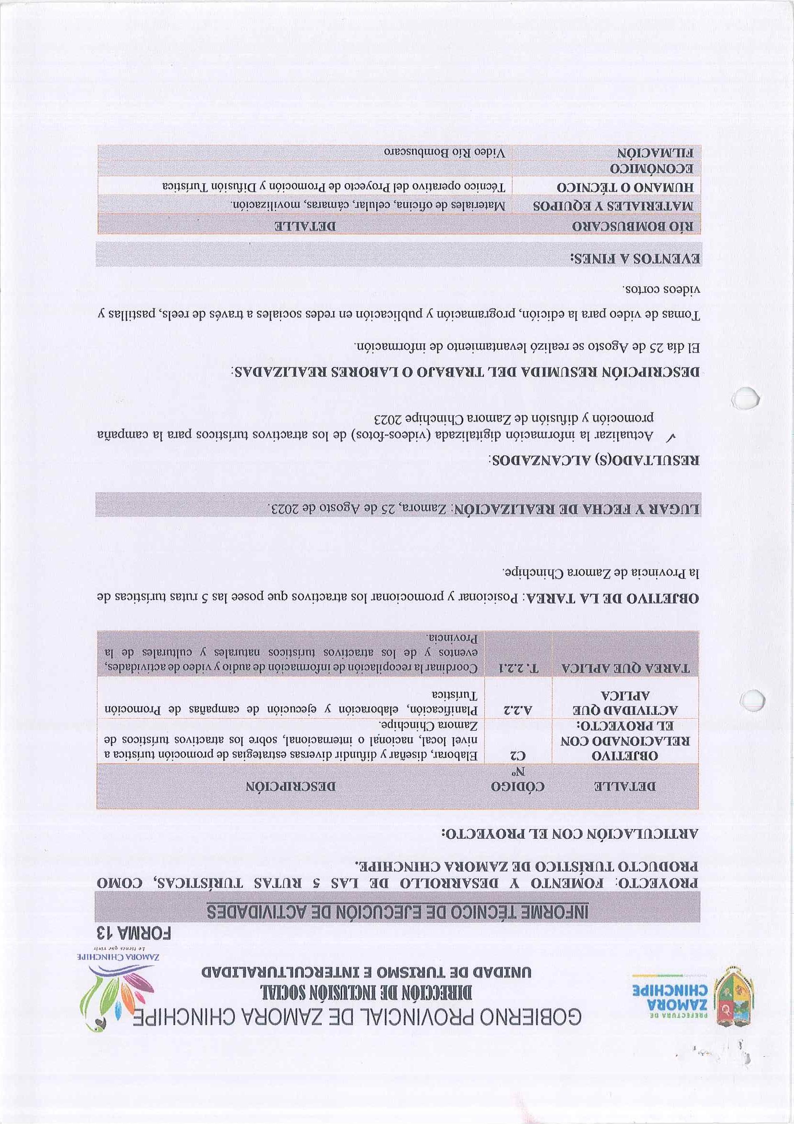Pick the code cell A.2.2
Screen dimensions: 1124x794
tap(517, 709)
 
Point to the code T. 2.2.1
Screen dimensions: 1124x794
tap(517, 668)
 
